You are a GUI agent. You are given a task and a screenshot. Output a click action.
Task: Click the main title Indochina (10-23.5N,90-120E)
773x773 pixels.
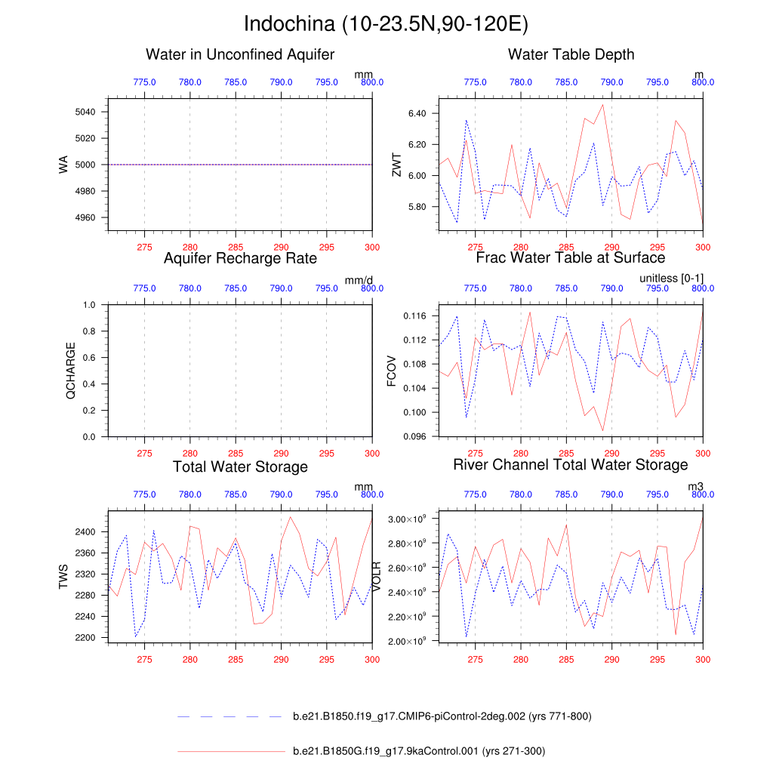coord(386,24)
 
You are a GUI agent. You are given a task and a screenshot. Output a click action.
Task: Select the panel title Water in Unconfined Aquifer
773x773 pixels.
coord(240,54)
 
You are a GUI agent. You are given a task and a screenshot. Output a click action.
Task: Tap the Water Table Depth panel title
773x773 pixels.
coord(571,54)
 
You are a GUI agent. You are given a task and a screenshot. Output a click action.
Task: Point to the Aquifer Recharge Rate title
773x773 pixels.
coord(240,259)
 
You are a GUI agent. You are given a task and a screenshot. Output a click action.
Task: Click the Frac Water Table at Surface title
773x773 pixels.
coord(571,259)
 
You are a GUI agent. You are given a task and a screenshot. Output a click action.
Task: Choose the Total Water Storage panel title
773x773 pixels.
coord(240,467)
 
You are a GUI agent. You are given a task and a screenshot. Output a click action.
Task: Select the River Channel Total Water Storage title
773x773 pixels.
coord(571,464)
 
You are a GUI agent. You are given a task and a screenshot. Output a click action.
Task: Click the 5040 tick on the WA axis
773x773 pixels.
coord(85,112)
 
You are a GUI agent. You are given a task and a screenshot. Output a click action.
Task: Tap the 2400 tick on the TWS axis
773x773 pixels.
coord(85,532)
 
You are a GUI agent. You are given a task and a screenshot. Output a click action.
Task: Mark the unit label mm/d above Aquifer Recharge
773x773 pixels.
coord(359,280)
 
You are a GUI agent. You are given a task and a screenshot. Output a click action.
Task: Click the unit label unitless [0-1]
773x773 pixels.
coord(671,279)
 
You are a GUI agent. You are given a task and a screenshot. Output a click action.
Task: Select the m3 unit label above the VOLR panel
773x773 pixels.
coord(695,487)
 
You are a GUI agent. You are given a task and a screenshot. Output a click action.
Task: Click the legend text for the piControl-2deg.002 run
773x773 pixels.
coord(442,716)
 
